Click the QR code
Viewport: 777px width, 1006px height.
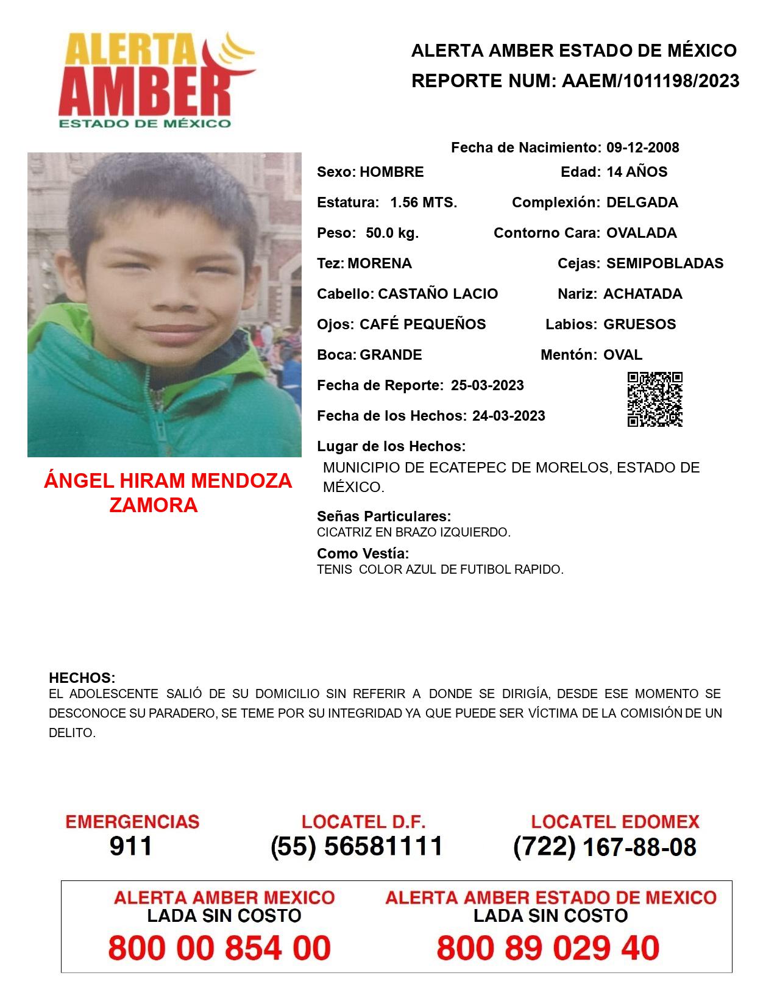655,399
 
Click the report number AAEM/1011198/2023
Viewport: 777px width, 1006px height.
650,81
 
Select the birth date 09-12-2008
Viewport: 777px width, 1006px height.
642,148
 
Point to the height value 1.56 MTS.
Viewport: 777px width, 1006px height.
424,202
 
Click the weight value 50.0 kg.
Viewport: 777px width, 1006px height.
392,233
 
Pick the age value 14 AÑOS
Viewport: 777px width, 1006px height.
637,172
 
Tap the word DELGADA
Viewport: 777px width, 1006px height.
642,202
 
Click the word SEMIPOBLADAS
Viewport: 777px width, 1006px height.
665,263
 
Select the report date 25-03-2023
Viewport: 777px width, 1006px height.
487,385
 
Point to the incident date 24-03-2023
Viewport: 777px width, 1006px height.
508,416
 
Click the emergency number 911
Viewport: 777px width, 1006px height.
131,846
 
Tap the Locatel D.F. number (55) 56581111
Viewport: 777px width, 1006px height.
357,846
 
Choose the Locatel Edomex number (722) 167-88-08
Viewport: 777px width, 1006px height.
605,847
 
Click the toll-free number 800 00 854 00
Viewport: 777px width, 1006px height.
219,948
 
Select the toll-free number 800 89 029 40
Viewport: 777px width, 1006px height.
548,948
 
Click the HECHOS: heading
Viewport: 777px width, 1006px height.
82,678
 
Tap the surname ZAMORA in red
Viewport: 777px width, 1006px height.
154,505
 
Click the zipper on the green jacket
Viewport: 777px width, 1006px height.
160,421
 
